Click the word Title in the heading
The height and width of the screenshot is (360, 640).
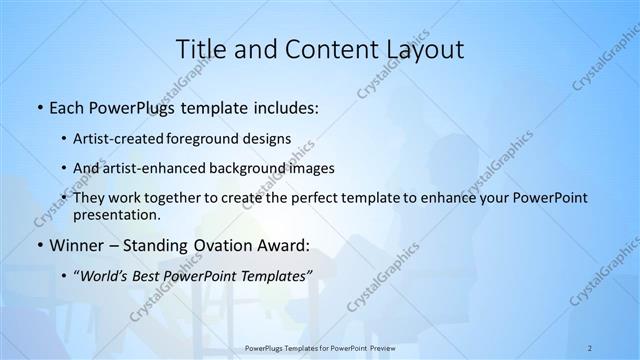[199, 50]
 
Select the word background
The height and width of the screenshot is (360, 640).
[267, 168]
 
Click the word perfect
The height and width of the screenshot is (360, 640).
[297, 198]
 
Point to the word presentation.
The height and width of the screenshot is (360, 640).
[117, 215]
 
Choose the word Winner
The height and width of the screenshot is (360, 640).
[77, 245]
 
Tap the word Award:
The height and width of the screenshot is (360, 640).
[284, 245]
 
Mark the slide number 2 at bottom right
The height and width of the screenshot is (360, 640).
[590, 347]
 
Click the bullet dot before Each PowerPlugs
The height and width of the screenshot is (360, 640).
[39, 107]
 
